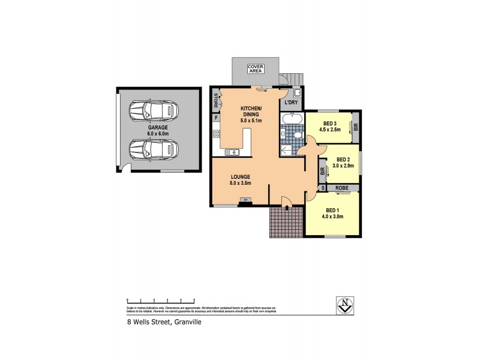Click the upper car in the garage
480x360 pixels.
[154, 110]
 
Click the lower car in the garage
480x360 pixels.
[154, 148]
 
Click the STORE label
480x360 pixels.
[215, 100]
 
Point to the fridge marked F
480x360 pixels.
[215, 118]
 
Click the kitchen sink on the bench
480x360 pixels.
[232, 152]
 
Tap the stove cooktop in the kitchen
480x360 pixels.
[216, 135]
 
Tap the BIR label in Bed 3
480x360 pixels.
[355, 127]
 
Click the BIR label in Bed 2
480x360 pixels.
[323, 172]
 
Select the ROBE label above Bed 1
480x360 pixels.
[342, 188]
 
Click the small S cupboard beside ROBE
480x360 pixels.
[323, 188]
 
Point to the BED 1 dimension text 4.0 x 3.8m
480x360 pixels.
[334, 217]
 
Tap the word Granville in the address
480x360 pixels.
[186, 322]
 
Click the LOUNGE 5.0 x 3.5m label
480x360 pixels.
[240, 179]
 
